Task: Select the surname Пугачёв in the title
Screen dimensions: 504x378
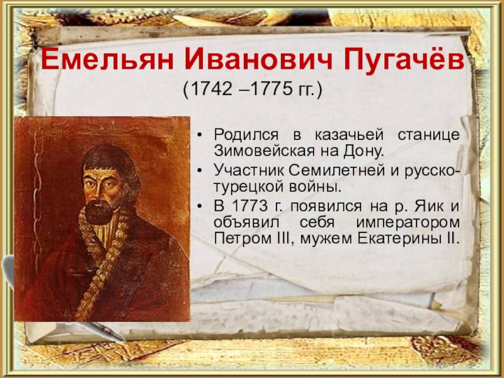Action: [x=404, y=59]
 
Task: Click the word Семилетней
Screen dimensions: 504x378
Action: [x=336, y=171]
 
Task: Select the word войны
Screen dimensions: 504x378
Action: [x=315, y=187]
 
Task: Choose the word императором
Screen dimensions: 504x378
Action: [x=408, y=222]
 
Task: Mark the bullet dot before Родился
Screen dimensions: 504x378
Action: [x=200, y=135]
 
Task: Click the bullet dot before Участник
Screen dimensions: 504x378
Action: [x=200, y=171]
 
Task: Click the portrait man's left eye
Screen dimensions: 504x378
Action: [x=108, y=185]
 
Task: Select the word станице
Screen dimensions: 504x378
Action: [x=429, y=135]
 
